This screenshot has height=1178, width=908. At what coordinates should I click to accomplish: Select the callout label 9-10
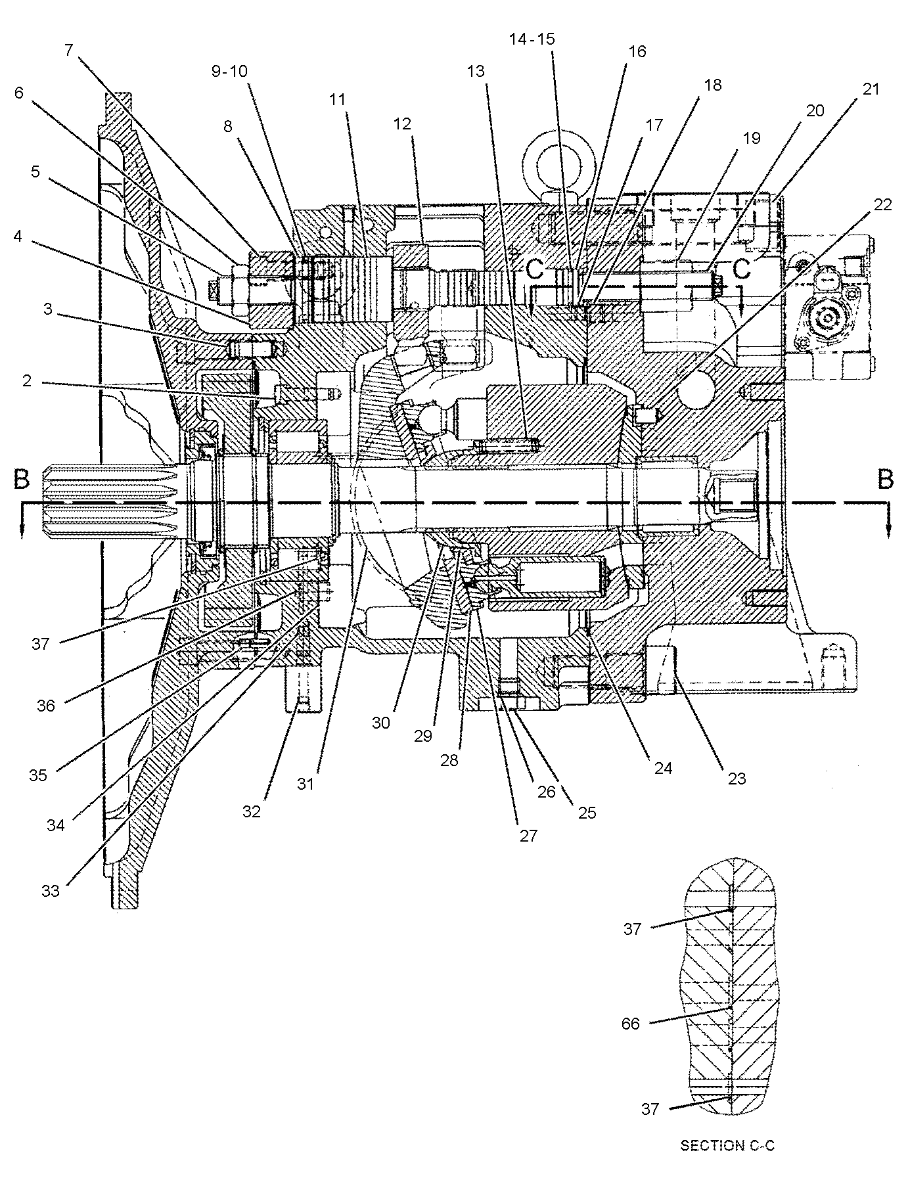pos(229,71)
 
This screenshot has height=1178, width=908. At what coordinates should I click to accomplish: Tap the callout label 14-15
pos(532,39)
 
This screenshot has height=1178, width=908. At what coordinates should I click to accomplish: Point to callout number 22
pos(883,204)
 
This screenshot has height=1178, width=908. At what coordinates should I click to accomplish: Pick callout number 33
pos(51,891)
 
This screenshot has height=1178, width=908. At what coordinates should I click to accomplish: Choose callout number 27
pos(528,836)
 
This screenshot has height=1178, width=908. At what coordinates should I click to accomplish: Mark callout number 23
pos(737,779)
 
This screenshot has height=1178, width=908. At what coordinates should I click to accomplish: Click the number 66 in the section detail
pos(631,1023)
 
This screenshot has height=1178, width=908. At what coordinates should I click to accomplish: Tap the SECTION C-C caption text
pos(727,1146)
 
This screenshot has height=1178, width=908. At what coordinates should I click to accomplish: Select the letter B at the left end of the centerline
pos(22,480)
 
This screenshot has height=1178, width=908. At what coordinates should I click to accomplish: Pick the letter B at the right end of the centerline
pos(886,480)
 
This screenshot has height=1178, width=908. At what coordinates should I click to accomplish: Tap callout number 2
pos(27,381)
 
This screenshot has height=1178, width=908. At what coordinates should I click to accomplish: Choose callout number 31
pos(306,784)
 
